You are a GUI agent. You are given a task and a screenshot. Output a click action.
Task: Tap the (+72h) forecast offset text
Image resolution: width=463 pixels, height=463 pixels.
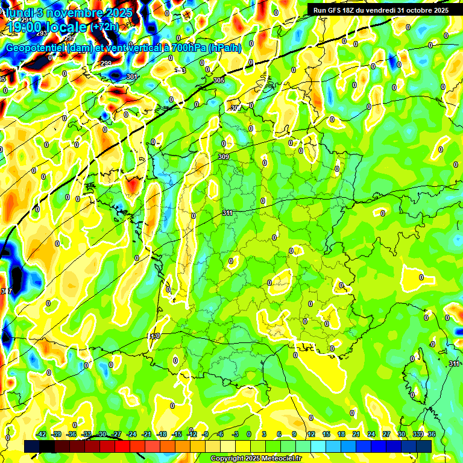pyautogui.click(x=106, y=27)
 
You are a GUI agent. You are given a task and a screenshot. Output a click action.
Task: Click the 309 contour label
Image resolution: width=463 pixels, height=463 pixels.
pyautogui.click(x=224, y=157)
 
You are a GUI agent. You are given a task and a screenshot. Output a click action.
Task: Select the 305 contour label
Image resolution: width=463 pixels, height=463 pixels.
pyautogui.click(x=219, y=80)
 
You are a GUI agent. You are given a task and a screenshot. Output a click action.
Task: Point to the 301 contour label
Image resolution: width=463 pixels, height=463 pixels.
pyautogui.click(x=132, y=77)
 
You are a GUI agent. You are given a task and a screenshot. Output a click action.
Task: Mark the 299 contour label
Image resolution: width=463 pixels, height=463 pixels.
pyautogui.click(x=106, y=63)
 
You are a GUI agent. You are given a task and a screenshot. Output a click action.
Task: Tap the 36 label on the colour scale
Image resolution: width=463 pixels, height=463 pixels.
pyautogui.click(x=432, y=434)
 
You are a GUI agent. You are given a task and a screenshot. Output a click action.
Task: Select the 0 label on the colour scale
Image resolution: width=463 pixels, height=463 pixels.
pyautogui.click(x=249, y=434)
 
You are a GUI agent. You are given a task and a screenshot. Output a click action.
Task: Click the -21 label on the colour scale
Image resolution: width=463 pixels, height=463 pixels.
pyautogui.click(x=146, y=434)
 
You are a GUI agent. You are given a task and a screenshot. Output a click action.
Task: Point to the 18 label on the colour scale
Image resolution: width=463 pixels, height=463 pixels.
pyautogui.click(x=341, y=434)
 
